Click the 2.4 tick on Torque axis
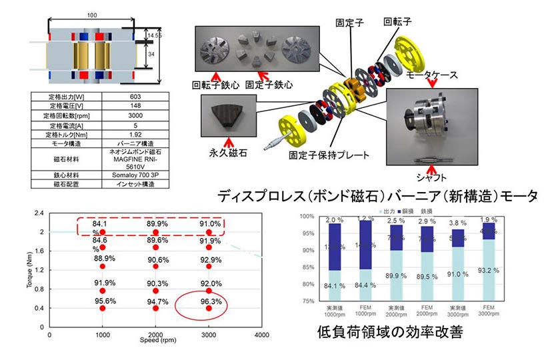(x=39, y=213)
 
